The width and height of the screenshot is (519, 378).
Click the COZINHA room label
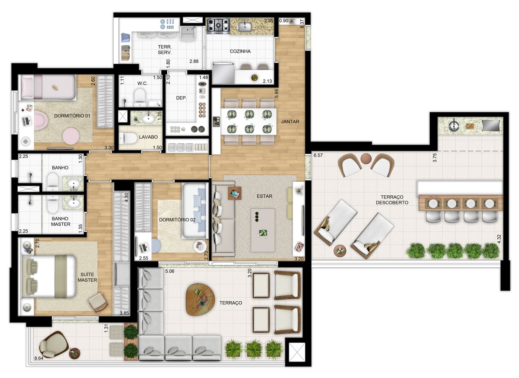coord(240,51)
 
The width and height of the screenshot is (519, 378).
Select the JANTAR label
coord(290,121)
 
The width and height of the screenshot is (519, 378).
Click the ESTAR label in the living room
coord(264,196)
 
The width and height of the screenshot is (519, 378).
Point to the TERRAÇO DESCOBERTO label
coord(392,199)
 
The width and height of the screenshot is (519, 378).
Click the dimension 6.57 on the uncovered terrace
coord(318,155)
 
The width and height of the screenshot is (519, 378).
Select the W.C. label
coord(142,83)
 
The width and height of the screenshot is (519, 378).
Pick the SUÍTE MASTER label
coord(87,277)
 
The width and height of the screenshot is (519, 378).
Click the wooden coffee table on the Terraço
coord(200,300)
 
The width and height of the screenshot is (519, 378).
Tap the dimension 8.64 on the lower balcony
coord(39,358)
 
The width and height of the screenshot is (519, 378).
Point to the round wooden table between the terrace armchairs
coord(366,159)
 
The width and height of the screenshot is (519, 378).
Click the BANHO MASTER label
coord(60,222)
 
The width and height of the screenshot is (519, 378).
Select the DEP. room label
coord(181,98)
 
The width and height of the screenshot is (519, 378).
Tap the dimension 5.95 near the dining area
coord(276,93)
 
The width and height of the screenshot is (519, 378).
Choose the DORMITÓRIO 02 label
coord(177,219)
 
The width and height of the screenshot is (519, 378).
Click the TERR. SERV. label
coord(165,50)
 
